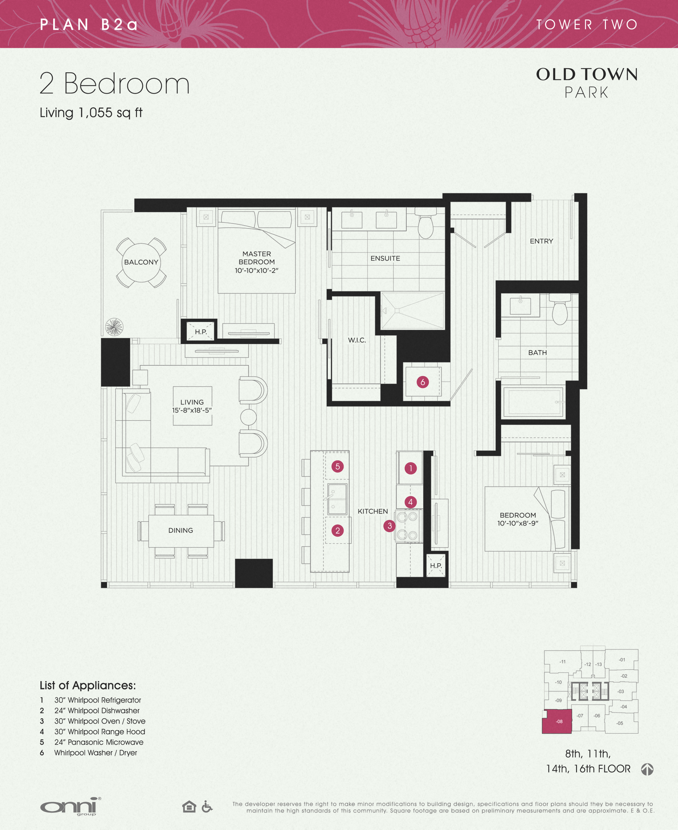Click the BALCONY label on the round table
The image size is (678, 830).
click(141, 262)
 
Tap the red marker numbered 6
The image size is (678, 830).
click(423, 382)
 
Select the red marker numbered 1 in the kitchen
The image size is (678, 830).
click(411, 468)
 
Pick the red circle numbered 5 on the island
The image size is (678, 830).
click(338, 466)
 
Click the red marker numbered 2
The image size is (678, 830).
click(338, 530)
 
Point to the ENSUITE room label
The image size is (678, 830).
click(385, 258)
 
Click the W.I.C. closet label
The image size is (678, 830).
click(357, 340)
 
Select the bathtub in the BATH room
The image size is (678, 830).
click(533, 402)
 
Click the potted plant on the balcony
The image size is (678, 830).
click(114, 327)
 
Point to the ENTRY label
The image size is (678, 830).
click(541, 241)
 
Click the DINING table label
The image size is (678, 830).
click(180, 530)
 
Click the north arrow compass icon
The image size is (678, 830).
click(647, 769)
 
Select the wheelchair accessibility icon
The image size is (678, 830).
click(207, 806)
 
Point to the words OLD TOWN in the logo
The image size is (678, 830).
click(587, 74)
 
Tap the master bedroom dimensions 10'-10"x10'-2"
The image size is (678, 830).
click(256, 270)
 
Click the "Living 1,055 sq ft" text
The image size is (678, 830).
click(91, 112)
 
